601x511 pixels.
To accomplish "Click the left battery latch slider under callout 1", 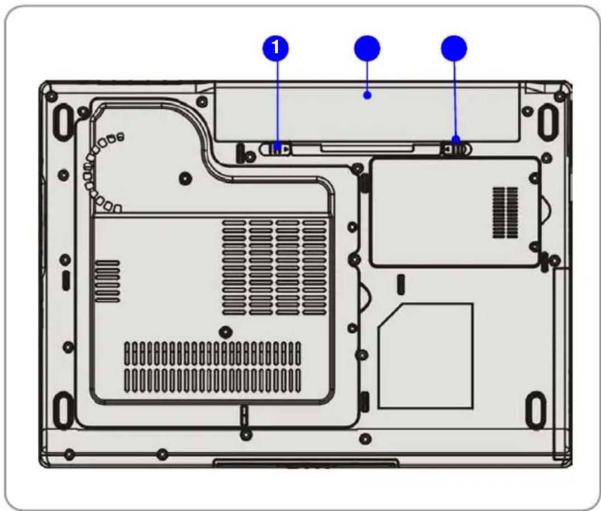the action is click(x=278, y=148).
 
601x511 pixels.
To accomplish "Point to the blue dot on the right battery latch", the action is click(x=456, y=139).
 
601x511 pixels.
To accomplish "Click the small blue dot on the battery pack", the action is click(x=367, y=95).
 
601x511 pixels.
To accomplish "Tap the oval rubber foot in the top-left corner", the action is click(x=63, y=118).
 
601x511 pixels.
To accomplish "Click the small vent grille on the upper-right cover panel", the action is click(x=505, y=213).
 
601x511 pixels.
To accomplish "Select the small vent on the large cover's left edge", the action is click(x=108, y=281).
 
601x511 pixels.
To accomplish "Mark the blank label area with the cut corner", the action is click(x=426, y=355).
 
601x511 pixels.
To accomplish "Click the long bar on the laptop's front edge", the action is click(x=306, y=462).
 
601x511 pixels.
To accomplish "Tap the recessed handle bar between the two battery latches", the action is click(x=366, y=147).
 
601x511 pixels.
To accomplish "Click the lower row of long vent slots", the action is click(x=212, y=379).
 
